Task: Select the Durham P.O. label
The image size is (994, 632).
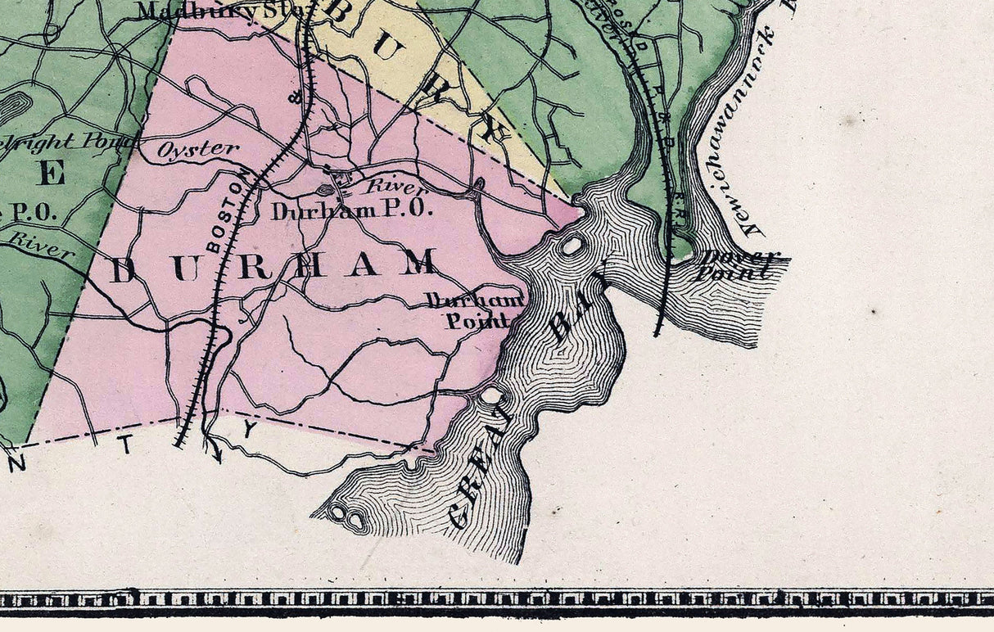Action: (351, 210)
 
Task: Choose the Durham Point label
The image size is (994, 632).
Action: (474, 310)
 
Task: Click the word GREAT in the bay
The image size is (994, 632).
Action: (483, 467)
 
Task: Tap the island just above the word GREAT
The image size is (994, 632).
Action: (491, 396)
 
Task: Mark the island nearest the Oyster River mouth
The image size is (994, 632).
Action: (572, 245)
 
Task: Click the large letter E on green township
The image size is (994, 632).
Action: (52, 173)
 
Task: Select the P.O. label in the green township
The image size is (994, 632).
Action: (31, 212)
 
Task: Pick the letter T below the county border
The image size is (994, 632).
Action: (128, 444)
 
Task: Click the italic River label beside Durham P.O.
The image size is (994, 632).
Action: (385, 188)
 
